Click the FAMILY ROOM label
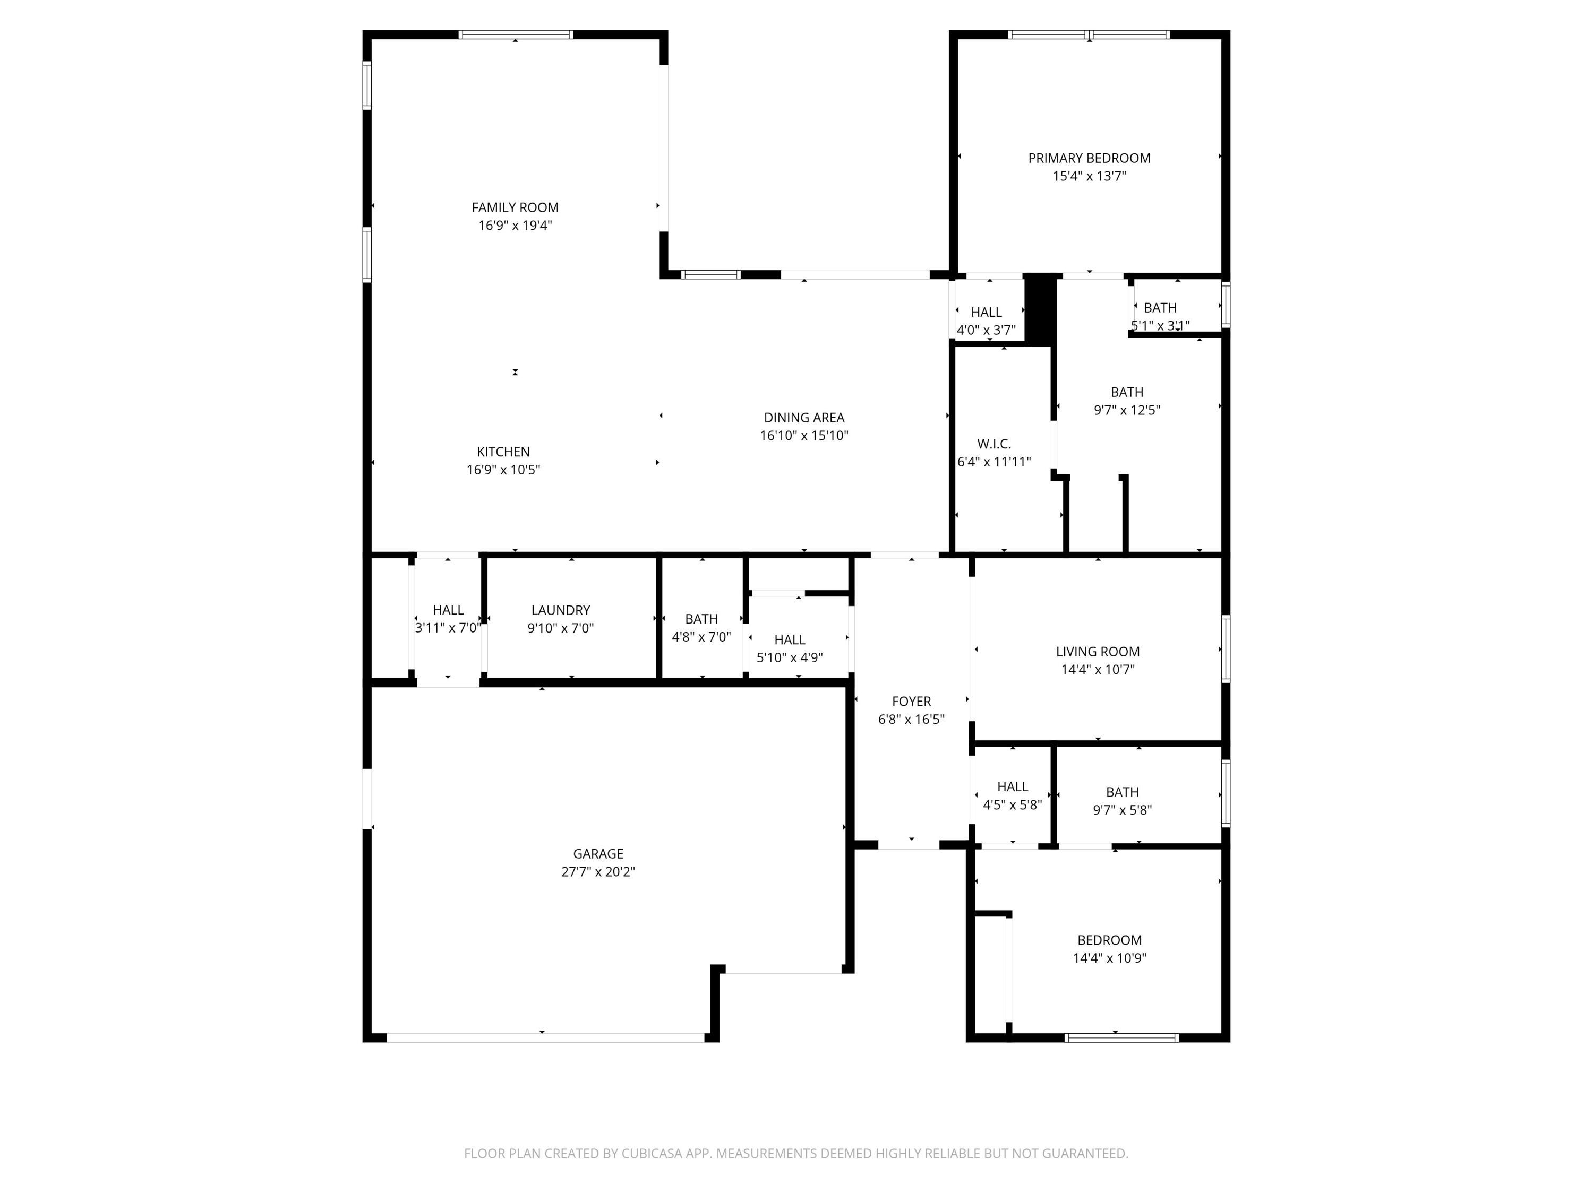click(x=515, y=207)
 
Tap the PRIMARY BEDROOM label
click(x=1089, y=158)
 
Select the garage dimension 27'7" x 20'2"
click(x=598, y=871)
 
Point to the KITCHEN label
click(x=503, y=452)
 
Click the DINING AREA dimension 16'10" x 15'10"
click(x=804, y=436)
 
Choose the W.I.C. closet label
click(x=994, y=444)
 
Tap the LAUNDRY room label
click(x=560, y=610)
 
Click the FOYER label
click(x=911, y=701)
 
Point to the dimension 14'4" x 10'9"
click(x=1109, y=958)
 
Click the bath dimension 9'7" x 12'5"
click(x=1127, y=410)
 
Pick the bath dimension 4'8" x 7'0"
click(x=701, y=637)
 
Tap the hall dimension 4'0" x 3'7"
click(x=986, y=331)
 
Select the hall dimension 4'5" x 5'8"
click(x=1013, y=804)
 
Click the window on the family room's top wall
click(x=516, y=34)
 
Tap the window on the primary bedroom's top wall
click(x=1089, y=34)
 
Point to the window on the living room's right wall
click(x=1226, y=648)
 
